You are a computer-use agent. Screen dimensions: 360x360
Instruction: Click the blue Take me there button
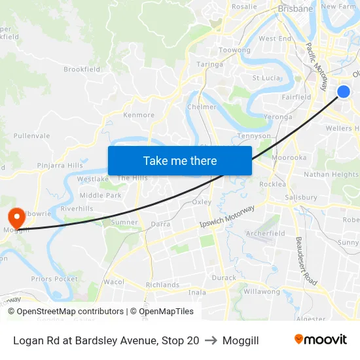(x=180, y=160)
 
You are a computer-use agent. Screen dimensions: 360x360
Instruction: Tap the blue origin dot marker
(x=344, y=92)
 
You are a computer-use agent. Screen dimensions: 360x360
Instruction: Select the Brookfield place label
(x=82, y=69)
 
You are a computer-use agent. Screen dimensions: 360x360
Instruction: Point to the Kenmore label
(x=139, y=115)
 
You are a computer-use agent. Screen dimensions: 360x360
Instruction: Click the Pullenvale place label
(x=31, y=135)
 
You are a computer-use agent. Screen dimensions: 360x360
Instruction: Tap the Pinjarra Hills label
(x=60, y=166)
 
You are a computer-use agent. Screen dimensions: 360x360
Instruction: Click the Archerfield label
(x=265, y=233)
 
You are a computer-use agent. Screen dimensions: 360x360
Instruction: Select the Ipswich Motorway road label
(x=227, y=217)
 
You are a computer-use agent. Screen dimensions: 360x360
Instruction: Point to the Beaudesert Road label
(x=306, y=261)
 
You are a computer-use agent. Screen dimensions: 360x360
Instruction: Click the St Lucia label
(x=266, y=78)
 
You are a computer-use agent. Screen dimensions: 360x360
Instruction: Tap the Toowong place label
(x=234, y=50)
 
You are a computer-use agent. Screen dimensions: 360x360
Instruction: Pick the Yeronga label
(x=278, y=117)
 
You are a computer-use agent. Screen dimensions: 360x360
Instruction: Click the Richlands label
(x=162, y=285)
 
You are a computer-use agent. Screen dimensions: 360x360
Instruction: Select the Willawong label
(x=262, y=291)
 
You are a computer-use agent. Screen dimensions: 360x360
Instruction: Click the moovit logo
(x=320, y=340)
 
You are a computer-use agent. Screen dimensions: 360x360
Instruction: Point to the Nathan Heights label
(x=331, y=175)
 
